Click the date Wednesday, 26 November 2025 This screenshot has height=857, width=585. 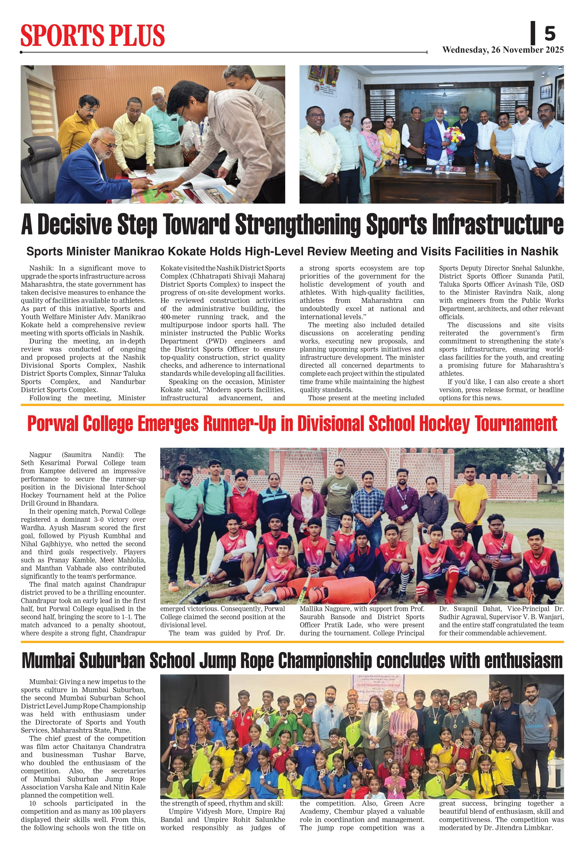coord(503,50)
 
